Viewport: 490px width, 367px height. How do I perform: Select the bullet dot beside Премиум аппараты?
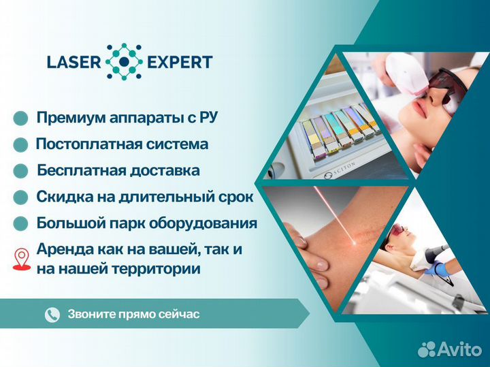[x=21, y=118]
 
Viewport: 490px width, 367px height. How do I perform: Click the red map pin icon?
[x=21, y=258]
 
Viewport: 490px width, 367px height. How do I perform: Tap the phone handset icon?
[x=52, y=315]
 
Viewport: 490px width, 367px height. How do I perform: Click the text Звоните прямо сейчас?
[x=133, y=315]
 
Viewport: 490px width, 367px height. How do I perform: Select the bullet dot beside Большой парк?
[x=21, y=223]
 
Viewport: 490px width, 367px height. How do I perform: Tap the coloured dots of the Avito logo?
[x=427, y=349]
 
